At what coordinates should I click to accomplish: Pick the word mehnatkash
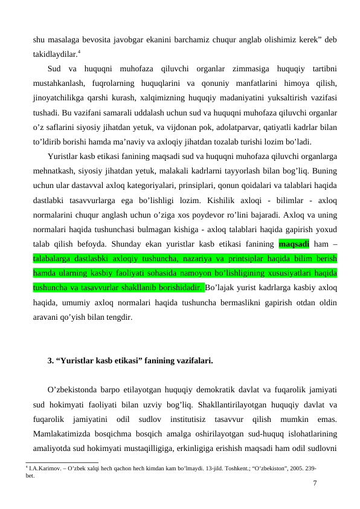(x=52, y=169)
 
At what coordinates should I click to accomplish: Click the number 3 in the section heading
(x=50, y=361)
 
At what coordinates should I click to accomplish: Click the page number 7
(x=315, y=482)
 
